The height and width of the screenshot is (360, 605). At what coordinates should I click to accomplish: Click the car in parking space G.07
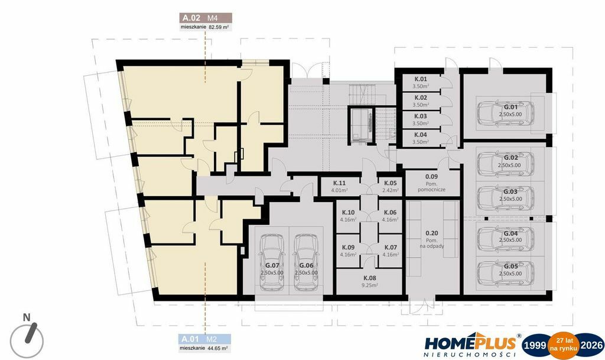(x=272, y=263)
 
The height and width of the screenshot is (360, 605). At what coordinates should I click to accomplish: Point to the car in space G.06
(x=306, y=263)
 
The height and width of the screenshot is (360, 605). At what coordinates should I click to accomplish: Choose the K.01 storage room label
(x=421, y=82)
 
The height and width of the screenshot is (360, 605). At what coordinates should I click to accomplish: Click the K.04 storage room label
(x=421, y=138)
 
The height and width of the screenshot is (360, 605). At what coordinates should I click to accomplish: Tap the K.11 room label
(x=340, y=186)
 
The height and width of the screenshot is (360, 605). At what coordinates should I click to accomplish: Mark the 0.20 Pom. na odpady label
(x=432, y=239)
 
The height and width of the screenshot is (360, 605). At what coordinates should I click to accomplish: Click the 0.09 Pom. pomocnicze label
(x=431, y=183)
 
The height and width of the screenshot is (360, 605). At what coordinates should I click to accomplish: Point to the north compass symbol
(x=27, y=336)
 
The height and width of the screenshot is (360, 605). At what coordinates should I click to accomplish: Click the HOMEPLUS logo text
(x=470, y=343)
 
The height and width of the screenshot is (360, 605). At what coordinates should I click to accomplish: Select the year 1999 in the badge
(x=534, y=345)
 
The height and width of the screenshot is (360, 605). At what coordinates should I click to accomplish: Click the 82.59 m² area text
(x=219, y=27)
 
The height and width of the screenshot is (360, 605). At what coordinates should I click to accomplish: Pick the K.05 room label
(x=391, y=186)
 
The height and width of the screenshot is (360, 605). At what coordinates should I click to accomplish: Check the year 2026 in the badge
(x=592, y=345)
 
